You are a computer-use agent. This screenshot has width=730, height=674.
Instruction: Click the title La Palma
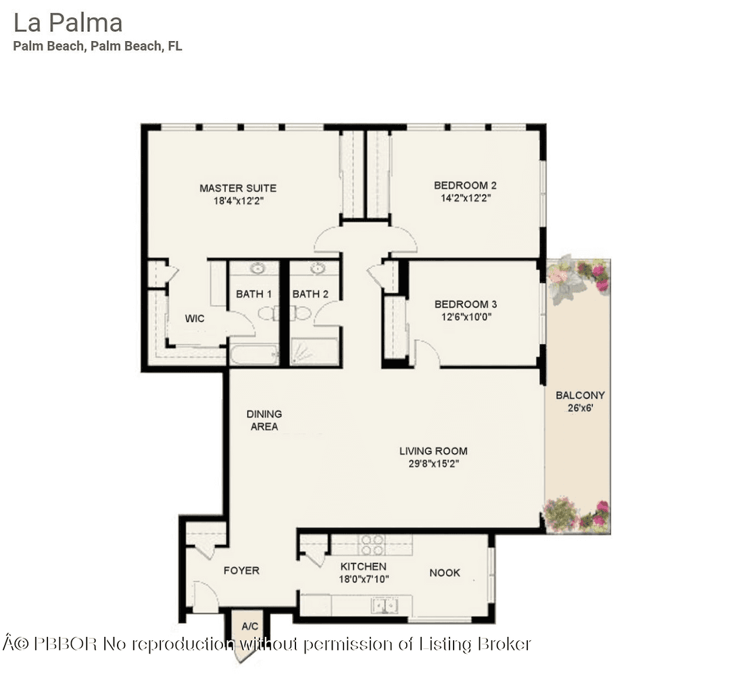pos(68,23)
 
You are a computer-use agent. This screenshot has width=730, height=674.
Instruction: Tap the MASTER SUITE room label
pos(237,188)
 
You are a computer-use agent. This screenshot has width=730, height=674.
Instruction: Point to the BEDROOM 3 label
pos(466,304)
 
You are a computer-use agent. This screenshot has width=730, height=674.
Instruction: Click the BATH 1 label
pos(253,294)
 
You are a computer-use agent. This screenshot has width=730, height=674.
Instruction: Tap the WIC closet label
pos(195,318)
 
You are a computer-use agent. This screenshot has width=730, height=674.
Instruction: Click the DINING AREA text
pos(264,420)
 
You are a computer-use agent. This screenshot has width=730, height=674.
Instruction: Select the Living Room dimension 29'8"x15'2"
pos(433,464)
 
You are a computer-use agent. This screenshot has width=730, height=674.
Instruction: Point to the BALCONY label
pos(580,395)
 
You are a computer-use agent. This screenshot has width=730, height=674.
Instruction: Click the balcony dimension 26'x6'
pos(579,408)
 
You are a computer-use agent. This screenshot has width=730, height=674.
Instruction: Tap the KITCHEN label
pos(363,567)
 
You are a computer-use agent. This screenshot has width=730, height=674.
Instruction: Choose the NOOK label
pos(445,573)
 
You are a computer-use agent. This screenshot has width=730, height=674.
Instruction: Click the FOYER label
pos(241,571)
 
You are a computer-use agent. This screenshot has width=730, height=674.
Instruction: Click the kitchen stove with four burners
pos(372,545)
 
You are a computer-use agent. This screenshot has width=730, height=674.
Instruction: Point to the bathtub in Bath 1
pos(253,354)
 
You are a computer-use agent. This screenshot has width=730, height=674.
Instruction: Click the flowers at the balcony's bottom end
pos(577,514)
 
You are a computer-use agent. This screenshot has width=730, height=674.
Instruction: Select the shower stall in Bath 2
pos(314,352)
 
